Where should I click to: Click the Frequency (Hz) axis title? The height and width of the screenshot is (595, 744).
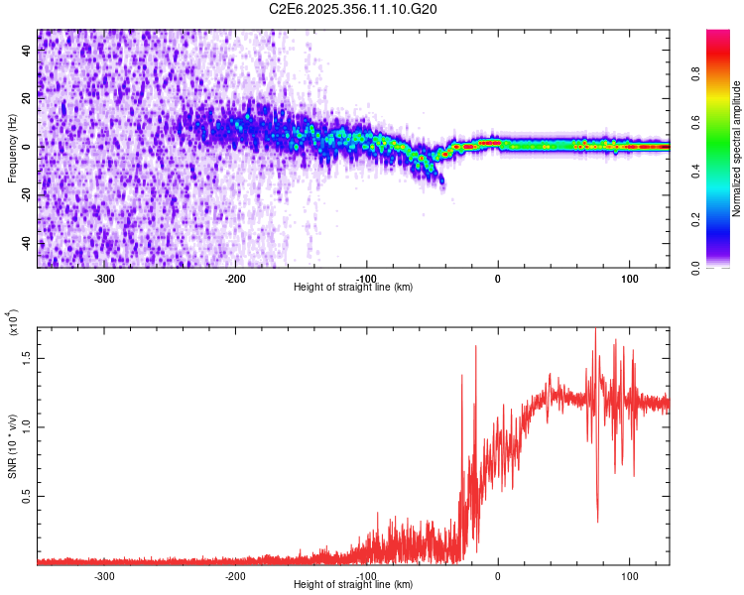(x=13, y=149)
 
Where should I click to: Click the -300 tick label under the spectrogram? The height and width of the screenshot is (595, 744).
(x=104, y=278)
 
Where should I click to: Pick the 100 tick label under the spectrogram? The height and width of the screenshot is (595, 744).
(x=629, y=278)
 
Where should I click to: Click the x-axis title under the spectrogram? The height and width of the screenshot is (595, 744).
(x=354, y=288)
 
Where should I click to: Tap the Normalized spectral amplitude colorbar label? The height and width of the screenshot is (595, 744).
(x=737, y=149)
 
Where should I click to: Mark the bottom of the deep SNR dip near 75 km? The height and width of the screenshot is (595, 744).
(x=597, y=522)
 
